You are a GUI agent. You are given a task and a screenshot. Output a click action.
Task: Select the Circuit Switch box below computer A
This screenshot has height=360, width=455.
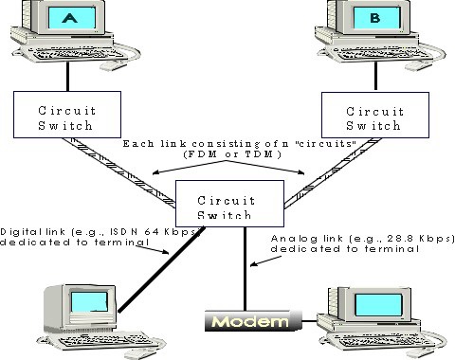click(64, 115)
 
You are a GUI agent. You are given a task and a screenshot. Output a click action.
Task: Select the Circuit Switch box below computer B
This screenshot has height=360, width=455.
click(370, 115)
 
